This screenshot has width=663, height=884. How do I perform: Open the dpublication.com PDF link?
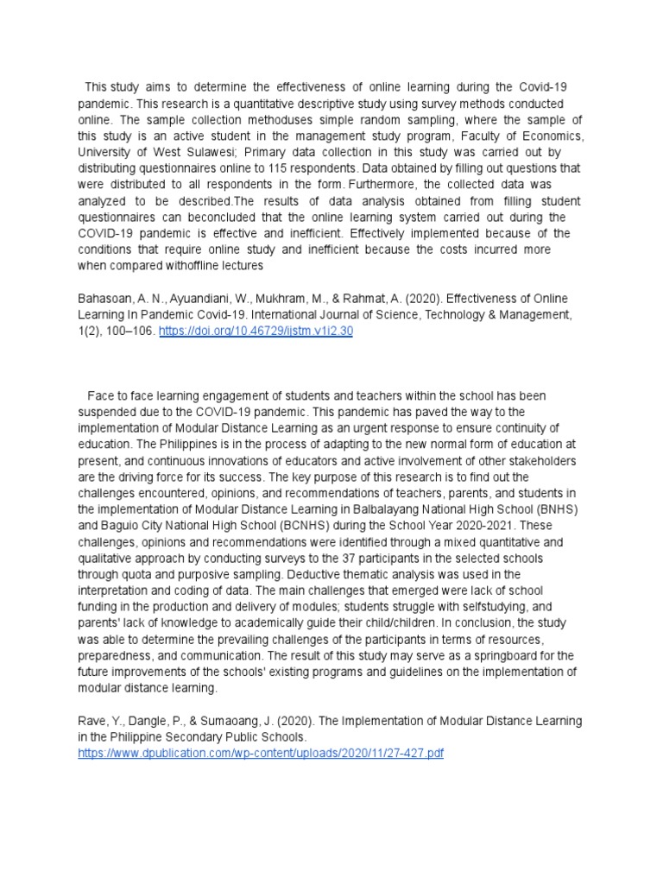(x=260, y=754)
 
